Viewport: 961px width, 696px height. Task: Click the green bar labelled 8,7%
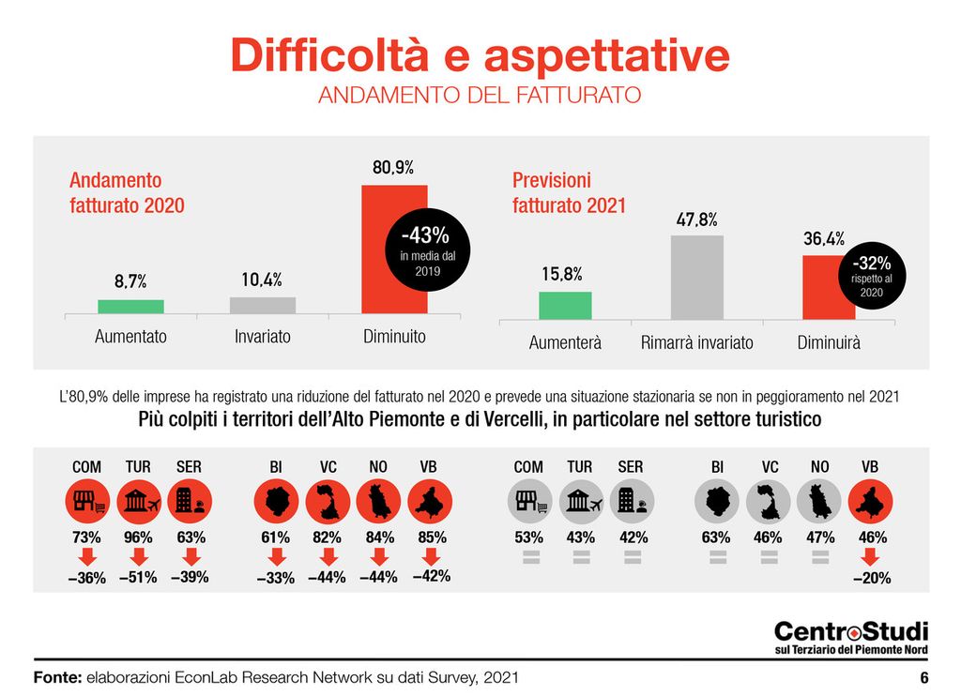[130, 307]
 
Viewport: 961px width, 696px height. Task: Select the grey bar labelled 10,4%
[263, 305]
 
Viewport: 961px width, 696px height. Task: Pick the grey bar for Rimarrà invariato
[697, 278]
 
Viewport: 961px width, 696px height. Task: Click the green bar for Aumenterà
[565, 306]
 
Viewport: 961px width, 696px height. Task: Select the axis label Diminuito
[394, 336]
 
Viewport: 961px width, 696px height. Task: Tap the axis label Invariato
[263, 336]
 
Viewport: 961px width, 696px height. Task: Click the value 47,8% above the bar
[697, 220]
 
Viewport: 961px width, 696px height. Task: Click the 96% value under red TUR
[138, 538]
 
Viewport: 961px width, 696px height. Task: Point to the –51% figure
[138, 578]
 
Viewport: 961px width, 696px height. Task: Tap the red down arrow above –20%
[870, 559]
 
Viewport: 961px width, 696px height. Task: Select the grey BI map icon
[718, 502]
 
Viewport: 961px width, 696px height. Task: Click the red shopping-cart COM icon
[87, 502]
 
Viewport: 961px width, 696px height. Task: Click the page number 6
[923, 677]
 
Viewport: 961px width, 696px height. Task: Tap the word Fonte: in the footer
[57, 677]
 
